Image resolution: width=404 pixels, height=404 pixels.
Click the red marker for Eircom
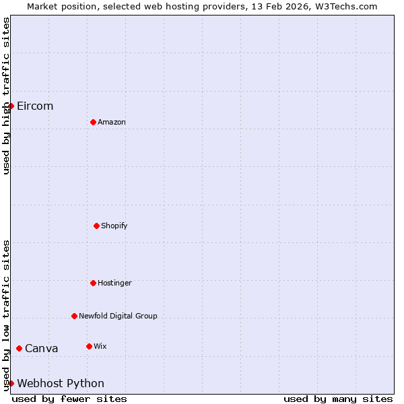click(11, 106)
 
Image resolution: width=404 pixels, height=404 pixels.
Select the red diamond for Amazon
click(93, 122)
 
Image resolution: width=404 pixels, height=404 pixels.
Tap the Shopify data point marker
click(96, 226)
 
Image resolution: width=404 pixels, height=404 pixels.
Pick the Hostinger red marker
click(93, 283)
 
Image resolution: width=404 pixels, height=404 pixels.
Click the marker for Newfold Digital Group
click(74, 316)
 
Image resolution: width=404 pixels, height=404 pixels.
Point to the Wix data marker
click(89, 346)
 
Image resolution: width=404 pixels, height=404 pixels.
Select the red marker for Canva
click(19, 348)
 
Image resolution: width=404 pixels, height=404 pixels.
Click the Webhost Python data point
click(11, 383)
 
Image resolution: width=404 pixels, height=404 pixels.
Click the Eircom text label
click(35, 106)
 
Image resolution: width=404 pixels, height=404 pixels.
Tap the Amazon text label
click(112, 123)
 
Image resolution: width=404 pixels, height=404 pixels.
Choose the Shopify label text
click(114, 226)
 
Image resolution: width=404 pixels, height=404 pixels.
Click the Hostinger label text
click(114, 283)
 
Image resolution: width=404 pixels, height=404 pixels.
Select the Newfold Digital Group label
click(118, 316)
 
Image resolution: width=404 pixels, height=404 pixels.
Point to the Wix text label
click(100, 347)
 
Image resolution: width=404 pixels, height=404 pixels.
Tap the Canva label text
click(42, 349)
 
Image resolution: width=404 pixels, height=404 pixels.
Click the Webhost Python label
click(61, 384)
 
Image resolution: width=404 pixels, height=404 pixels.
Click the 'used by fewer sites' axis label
click(69, 399)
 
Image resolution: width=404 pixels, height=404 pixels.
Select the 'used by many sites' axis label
click(338, 399)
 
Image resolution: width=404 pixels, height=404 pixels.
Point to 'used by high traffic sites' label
click(6, 96)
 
